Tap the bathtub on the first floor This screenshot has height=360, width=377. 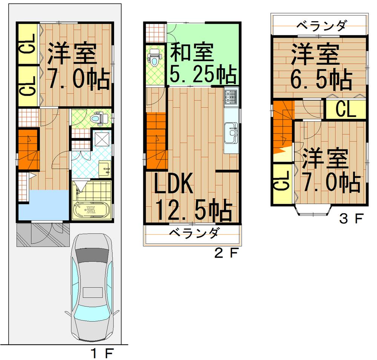[91, 209]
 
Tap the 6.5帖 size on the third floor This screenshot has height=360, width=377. [321, 79]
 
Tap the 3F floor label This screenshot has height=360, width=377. [351, 218]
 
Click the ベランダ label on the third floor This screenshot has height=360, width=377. [320, 26]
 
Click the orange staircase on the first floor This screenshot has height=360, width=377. [28, 149]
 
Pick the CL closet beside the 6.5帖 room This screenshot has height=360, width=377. [346, 110]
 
